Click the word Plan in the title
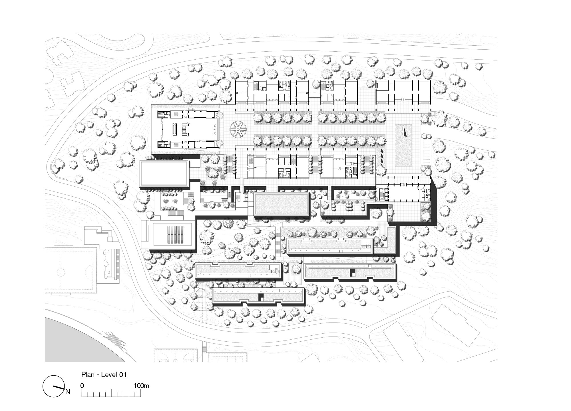tap(88, 374)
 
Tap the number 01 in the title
tap(123, 374)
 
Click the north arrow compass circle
tap(53, 386)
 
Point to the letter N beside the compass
tap(68, 391)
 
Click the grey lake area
tap(83, 340)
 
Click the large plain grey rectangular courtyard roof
tap(282, 204)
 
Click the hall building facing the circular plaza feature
tap(187, 130)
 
